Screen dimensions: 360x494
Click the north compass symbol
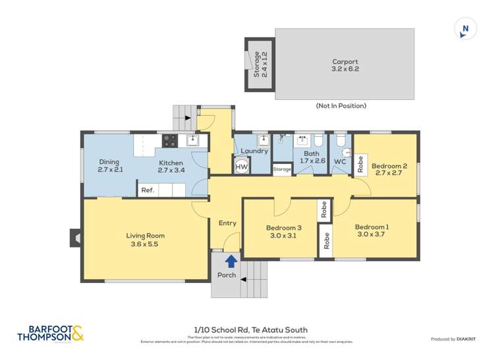[466, 28]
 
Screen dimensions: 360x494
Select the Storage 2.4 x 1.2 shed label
[260, 64]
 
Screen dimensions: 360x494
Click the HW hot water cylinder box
[242, 167]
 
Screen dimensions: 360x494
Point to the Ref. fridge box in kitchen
[148, 190]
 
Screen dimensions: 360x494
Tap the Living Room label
[146, 236]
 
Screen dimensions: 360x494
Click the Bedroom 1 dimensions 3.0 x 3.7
[373, 234]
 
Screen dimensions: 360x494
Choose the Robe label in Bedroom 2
[360, 164]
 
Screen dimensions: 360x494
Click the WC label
[340, 161]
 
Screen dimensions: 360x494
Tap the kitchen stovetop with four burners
[169, 140]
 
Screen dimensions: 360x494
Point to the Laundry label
[254, 151]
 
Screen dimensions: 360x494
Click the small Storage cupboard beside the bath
[282, 169]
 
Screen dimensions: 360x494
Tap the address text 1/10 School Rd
[250, 330]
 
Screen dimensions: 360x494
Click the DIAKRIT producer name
[470, 339]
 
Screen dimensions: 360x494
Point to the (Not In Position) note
[341, 105]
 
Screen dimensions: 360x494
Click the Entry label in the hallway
[227, 223]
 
